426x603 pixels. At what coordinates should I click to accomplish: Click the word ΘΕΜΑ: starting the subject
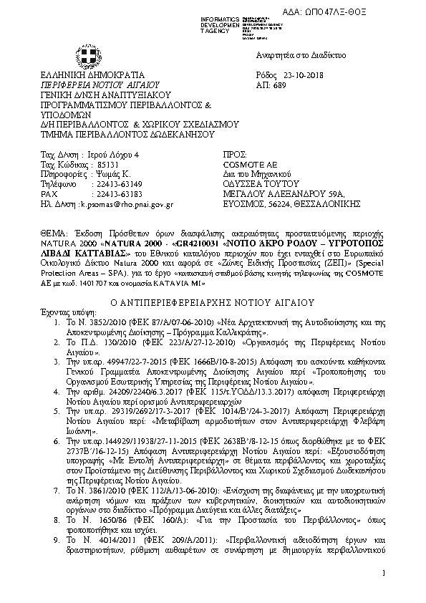pyautogui.click(x=53, y=234)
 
